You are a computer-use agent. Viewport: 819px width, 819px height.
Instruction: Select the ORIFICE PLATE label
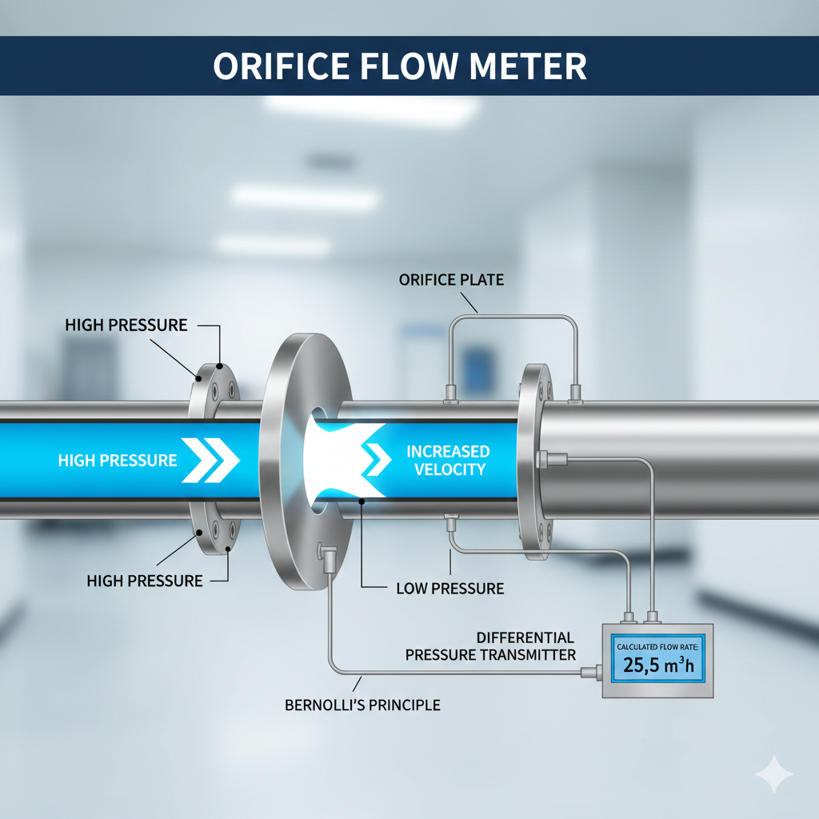click(451, 281)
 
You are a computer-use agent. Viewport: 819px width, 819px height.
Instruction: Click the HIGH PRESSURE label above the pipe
click(126, 326)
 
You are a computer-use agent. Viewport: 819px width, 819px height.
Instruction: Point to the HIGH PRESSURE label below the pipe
click(145, 581)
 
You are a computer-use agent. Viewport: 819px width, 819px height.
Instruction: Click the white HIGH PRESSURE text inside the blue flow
click(118, 461)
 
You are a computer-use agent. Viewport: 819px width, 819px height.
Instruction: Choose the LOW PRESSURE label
click(450, 589)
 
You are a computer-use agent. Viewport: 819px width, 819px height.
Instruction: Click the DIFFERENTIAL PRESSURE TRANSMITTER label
click(490, 646)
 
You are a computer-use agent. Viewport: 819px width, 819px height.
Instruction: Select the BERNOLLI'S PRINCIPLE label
click(362, 705)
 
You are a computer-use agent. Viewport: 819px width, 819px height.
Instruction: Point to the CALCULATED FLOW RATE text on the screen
click(656, 645)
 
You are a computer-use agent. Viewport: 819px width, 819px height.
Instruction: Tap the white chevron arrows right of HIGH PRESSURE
click(210, 461)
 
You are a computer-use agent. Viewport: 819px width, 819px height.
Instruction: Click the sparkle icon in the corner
click(773, 774)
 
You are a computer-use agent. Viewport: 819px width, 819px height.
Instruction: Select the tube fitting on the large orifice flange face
click(326, 553)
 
